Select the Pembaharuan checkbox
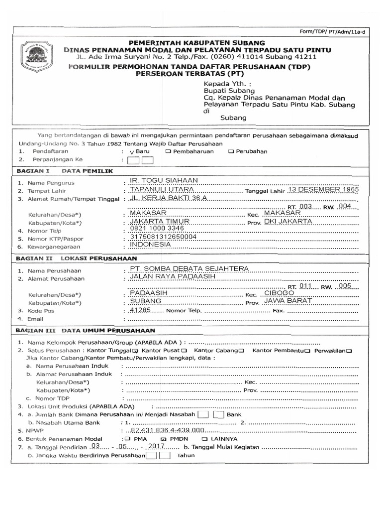(170, 151)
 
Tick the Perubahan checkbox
(231, 151)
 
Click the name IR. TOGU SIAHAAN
(164, 180)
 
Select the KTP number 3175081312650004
(163, 237)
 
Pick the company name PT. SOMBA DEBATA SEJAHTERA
(189, 269)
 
